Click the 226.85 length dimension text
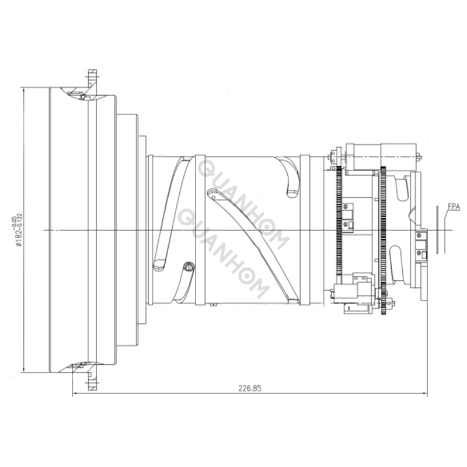[x=249, y=387]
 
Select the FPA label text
[x=453, y=206]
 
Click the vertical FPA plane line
[x=437, y=230]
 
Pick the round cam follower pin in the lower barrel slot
[x=188, y=267]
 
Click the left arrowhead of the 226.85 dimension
[x=75, y=395]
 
